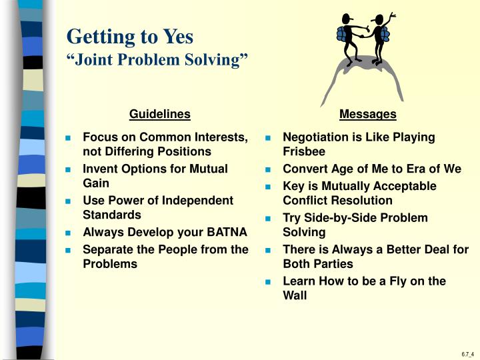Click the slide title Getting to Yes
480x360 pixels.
point(129,35)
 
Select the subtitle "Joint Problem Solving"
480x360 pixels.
point(157,60)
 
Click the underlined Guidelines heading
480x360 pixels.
point(160,114)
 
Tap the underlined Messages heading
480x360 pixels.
point(367,114)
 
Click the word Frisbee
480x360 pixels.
point(304,152)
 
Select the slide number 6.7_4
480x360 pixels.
point(466,354)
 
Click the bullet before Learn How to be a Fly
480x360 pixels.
point(268,282)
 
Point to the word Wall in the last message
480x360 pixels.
point(295,295)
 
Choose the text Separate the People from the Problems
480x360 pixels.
point(165,257)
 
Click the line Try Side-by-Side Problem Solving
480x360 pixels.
point(355,225)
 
